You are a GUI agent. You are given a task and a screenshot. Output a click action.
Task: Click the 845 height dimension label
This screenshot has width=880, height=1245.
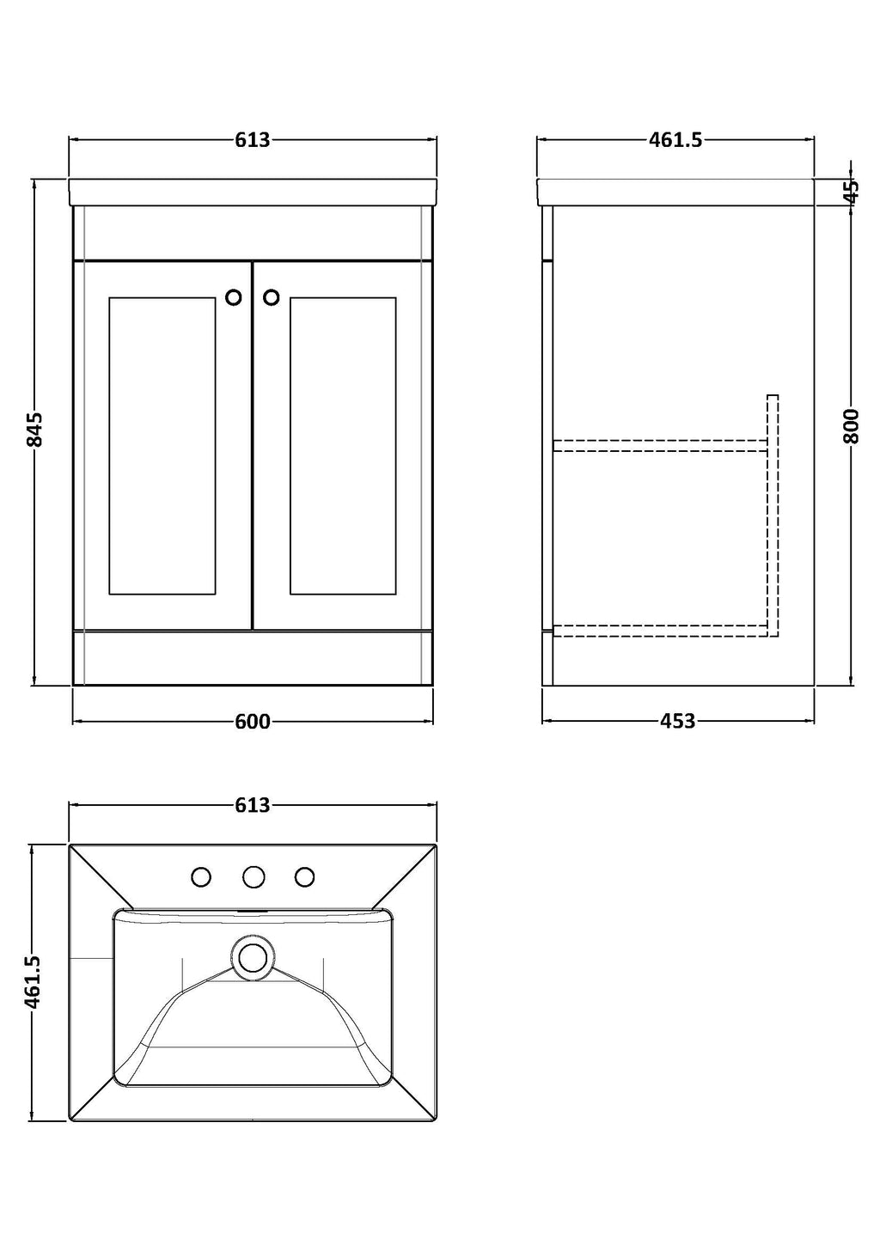click(x=35, y=429)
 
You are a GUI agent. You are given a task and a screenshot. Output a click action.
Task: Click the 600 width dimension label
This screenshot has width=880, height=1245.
click(x=253, y=722)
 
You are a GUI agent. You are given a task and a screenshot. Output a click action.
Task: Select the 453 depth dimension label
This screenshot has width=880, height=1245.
click(x=678, y=721)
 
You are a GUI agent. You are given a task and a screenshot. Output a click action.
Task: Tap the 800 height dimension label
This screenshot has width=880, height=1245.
click(x=851, y=426)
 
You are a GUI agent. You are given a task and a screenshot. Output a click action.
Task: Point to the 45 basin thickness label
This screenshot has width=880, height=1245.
click(x=851, y=192)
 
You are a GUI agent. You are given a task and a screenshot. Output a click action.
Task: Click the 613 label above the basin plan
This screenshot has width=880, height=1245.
click(x=253, y=804)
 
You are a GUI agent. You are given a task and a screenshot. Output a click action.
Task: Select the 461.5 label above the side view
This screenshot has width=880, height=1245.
click(x=675, y=140)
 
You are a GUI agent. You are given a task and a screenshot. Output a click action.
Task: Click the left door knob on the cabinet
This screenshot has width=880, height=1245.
click(x=234, y=297)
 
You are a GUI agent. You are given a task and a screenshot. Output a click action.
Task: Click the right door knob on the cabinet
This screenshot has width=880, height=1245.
click(x=272, y=297)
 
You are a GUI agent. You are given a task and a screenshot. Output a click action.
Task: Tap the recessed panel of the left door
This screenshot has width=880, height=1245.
click(x=162, y=446)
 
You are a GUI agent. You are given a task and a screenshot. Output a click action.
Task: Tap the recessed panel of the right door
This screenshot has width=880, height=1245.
click(x=343, y=446)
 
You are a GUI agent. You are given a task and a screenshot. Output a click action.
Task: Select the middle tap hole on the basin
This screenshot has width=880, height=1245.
click(x=253, y=877)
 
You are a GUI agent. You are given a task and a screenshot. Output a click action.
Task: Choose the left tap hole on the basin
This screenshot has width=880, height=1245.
click(x=201, y=877)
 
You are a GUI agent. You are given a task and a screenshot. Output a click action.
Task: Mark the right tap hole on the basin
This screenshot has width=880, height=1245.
click(x=304, y=877)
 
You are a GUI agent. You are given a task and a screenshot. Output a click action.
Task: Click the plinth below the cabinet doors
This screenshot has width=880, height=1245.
click(x=253, y=657)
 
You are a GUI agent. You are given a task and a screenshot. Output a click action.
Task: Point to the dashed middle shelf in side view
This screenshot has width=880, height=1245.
click(x=660, y=445)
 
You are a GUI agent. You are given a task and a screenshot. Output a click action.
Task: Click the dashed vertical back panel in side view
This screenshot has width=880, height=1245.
click(x=773, y=515)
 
